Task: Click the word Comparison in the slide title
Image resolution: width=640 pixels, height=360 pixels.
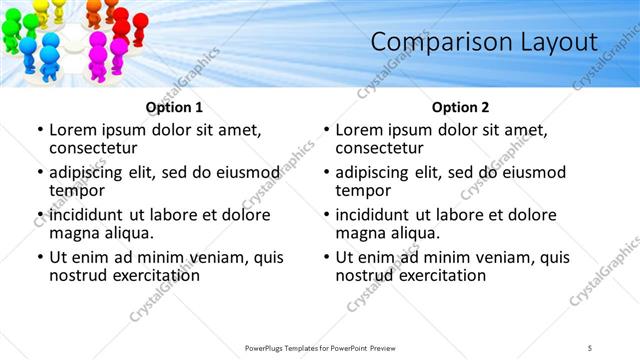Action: [433, 42]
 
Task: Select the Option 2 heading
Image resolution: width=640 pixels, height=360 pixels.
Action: [460, 107]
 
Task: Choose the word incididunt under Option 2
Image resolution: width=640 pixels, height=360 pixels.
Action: [380, 214]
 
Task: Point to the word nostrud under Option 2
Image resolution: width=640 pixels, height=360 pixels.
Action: [364, 275]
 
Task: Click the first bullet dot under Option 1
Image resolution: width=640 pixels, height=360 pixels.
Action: [39, 130]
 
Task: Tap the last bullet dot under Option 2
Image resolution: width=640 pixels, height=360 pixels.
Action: [325, 257]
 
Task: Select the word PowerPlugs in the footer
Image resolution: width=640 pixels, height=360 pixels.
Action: [267, 347]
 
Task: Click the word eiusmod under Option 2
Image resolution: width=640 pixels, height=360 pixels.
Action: [531, 171]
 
